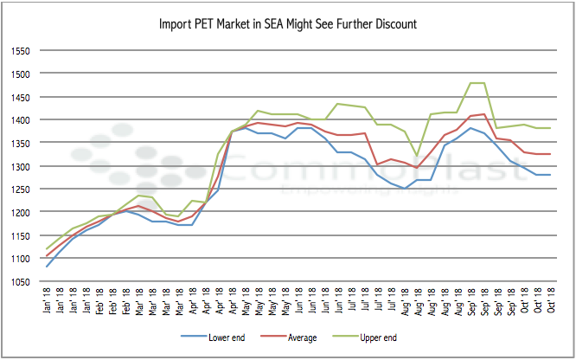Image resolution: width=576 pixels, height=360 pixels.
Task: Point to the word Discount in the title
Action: [394, 23]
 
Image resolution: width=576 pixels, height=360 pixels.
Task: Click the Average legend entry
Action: [294, 337]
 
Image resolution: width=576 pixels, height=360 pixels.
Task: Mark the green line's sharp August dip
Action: [417, 156]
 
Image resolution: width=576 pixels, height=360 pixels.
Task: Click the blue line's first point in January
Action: [47, 266]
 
